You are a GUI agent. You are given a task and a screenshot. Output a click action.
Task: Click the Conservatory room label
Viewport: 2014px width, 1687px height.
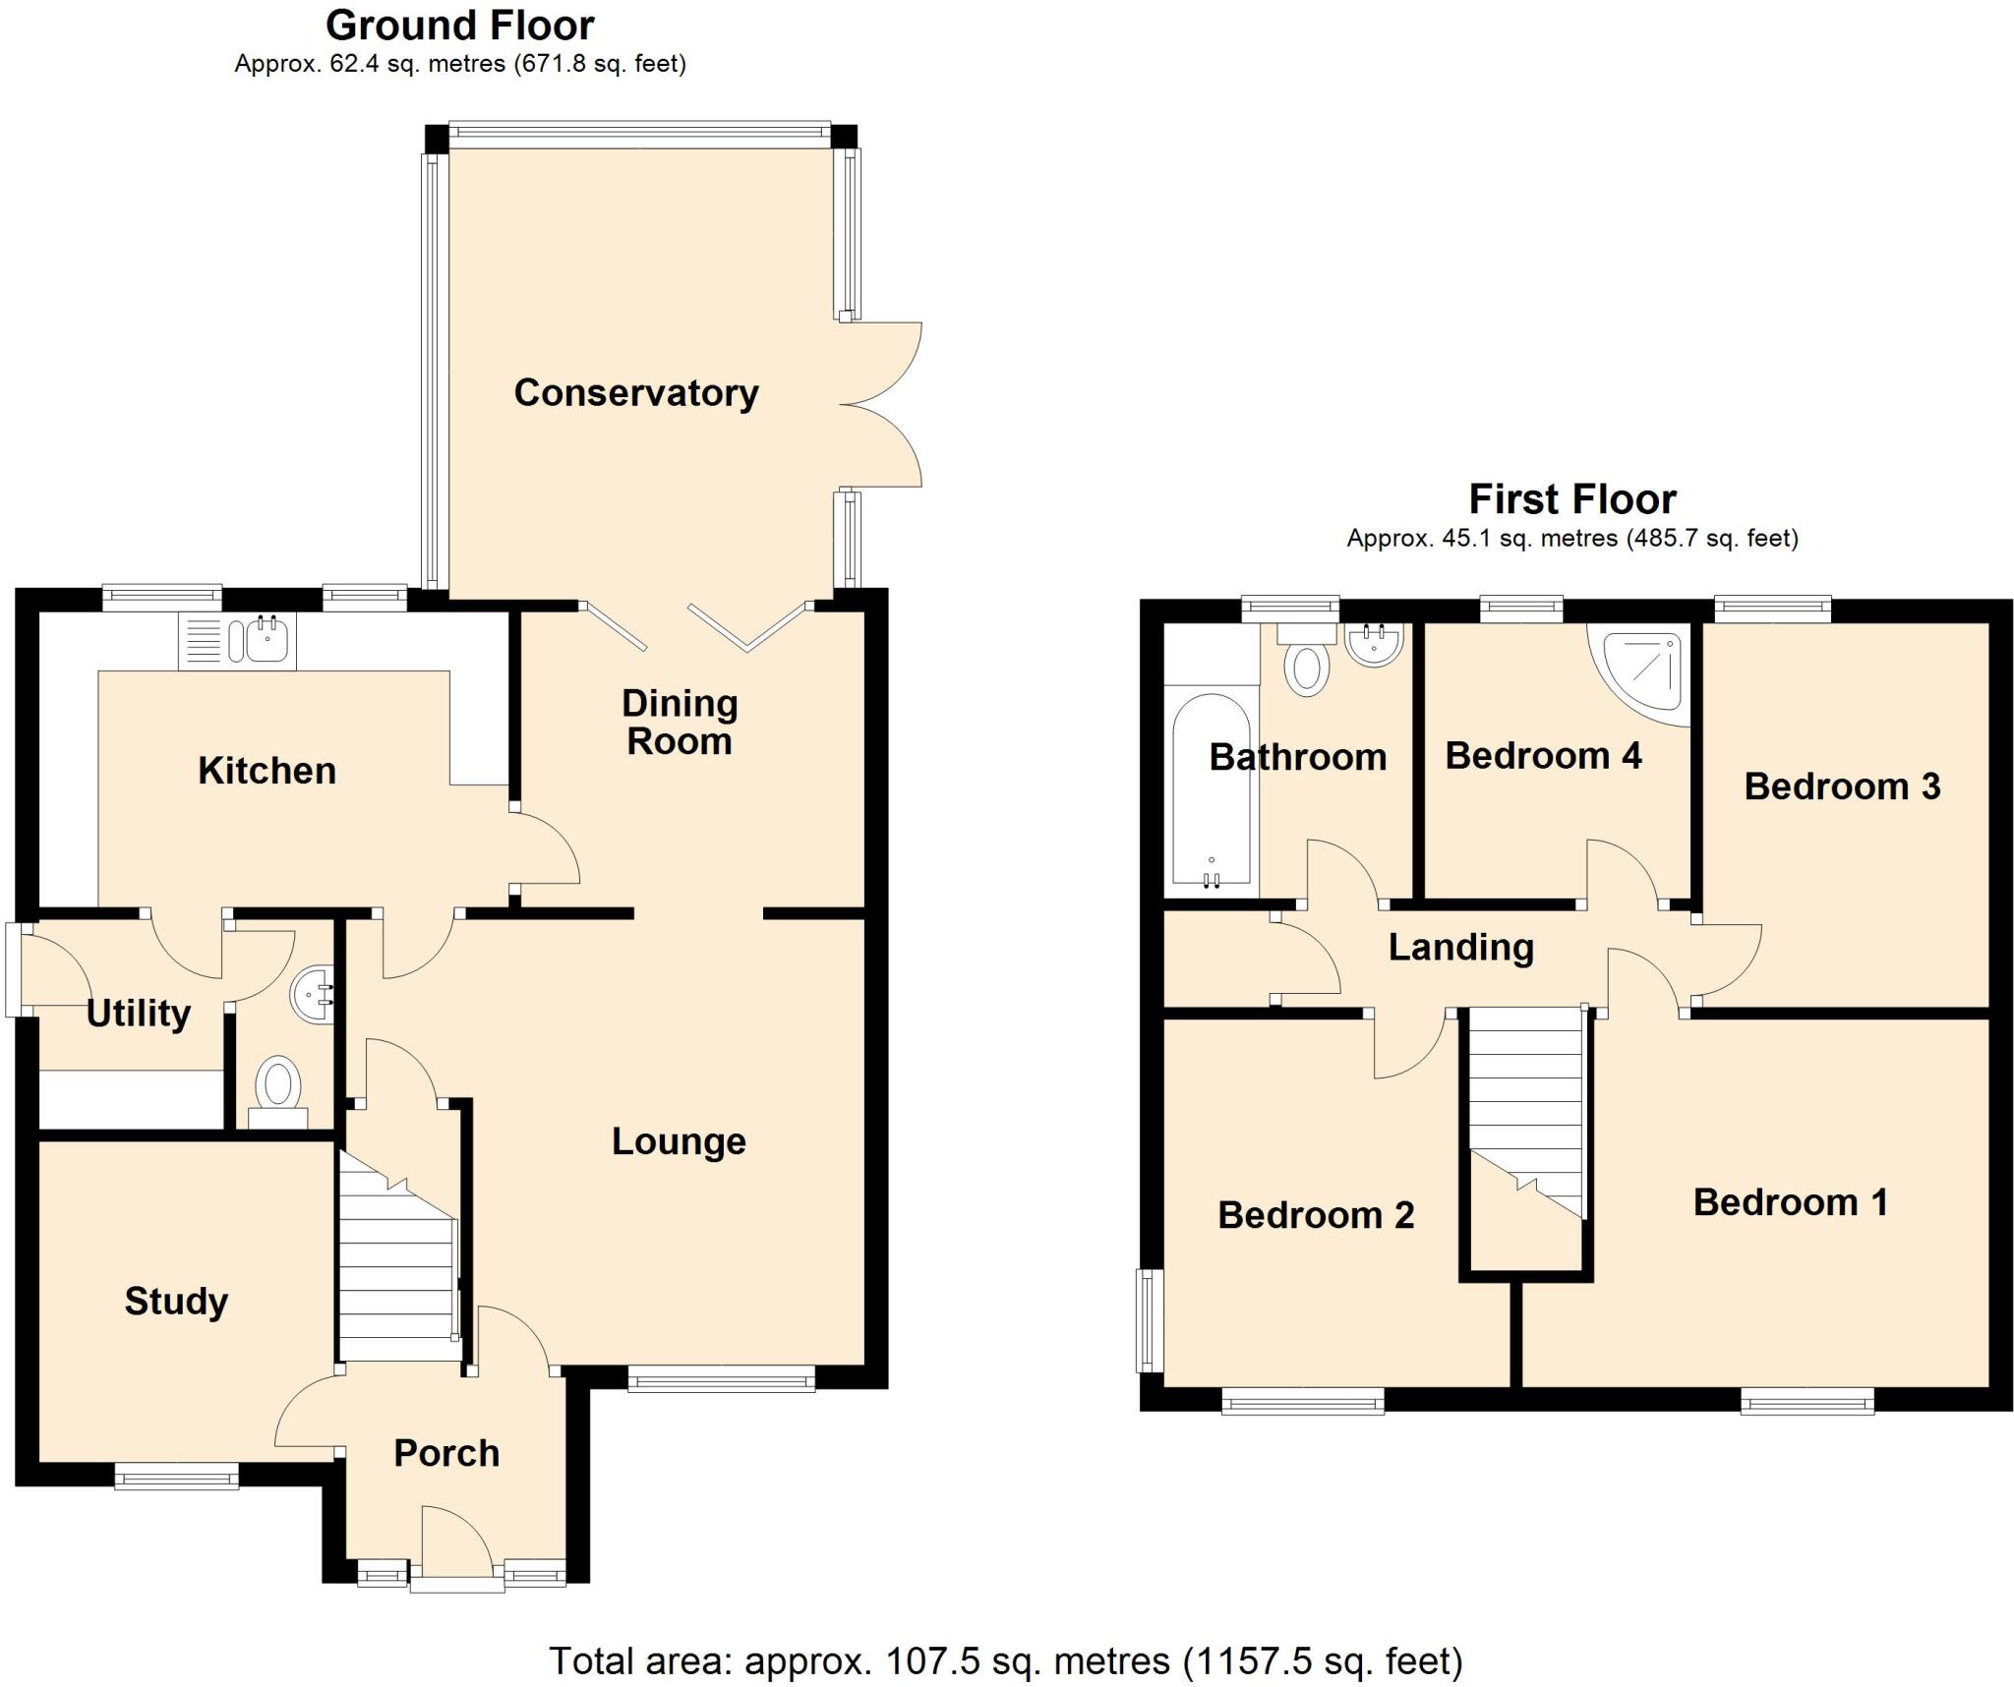point(635,393)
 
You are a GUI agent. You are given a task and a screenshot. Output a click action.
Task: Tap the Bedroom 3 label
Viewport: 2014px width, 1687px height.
point(1842,786)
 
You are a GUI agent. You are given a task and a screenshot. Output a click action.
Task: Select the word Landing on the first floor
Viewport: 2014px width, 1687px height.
point(1460,948)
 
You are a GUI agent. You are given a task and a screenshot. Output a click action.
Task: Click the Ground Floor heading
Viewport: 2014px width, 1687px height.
point(459,26)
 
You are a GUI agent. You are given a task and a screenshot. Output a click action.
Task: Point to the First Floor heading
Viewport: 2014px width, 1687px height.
point(1571,499)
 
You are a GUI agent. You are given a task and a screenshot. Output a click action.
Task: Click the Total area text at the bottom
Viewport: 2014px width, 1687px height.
point(1005,1660)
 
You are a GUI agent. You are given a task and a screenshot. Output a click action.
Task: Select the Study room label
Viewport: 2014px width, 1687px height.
point(176,1302)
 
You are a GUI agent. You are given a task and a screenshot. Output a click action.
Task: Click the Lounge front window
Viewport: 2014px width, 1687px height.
point(721,1381)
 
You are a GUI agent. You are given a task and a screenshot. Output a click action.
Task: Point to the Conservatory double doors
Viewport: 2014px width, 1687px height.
point(881,404)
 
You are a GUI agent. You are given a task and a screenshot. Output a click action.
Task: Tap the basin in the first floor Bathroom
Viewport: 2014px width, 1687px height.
point(1373,645)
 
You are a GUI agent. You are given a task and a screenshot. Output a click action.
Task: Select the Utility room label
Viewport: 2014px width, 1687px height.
point(139,1014)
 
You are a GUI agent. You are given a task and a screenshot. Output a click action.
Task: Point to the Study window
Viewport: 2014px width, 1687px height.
point(176,1476)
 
